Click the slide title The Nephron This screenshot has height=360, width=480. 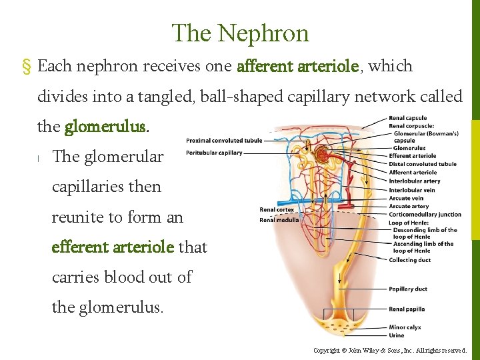pyautogui.click(x=240, y=33)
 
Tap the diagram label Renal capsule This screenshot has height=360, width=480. pyautogui.click(x=408, y=119)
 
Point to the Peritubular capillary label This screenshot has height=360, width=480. pyautogui.click(x=214, y=153)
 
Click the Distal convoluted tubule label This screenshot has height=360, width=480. pyautogui.click(x=423, y=164)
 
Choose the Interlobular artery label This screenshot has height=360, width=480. pyautogui.click(x=415, y=181)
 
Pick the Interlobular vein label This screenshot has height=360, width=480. pyautogui.click(x=412, y=190)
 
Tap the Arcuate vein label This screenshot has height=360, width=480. pyautogui.click(x=406, y=198)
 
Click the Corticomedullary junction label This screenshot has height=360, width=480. pyautogui.click(x=425, y=215)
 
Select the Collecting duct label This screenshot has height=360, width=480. pyautogui.click(x=409, y=260)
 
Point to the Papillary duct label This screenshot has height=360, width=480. pyautogui.click(x=407, y=289)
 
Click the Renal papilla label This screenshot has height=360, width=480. pyautogui.click(x=407, y=309)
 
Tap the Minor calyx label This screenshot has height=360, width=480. pyautogui.click(x=405, y=327)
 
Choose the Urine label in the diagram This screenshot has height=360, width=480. pyautogui.click(x=397, y=335)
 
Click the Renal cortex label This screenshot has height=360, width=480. pyautogui.click(x=277, y=210)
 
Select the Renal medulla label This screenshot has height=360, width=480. pyautogui.click(x=279, y=220)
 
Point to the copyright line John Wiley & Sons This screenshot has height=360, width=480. pyautogui.click(x=390, y=351)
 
